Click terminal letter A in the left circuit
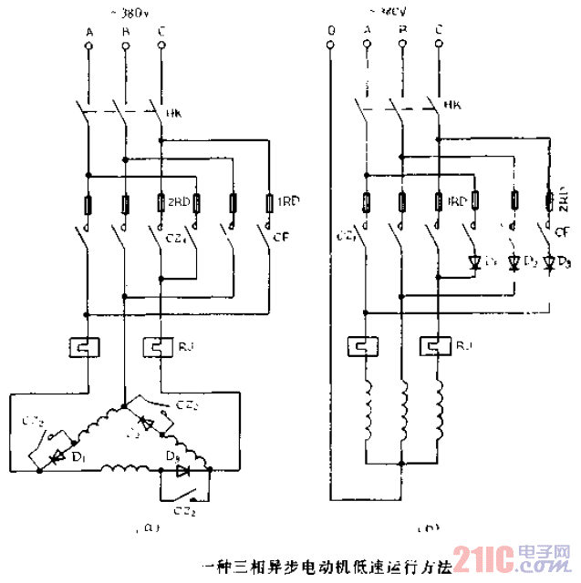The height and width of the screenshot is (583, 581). click(x=88, y=33)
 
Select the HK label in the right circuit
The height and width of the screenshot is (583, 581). click(x=451, y=107)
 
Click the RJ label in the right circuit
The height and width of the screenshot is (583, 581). click(x=463, y=346)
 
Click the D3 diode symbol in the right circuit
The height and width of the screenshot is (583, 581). click(x=549, y=263)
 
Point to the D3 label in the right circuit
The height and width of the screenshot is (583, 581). click(x=565, y=264)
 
